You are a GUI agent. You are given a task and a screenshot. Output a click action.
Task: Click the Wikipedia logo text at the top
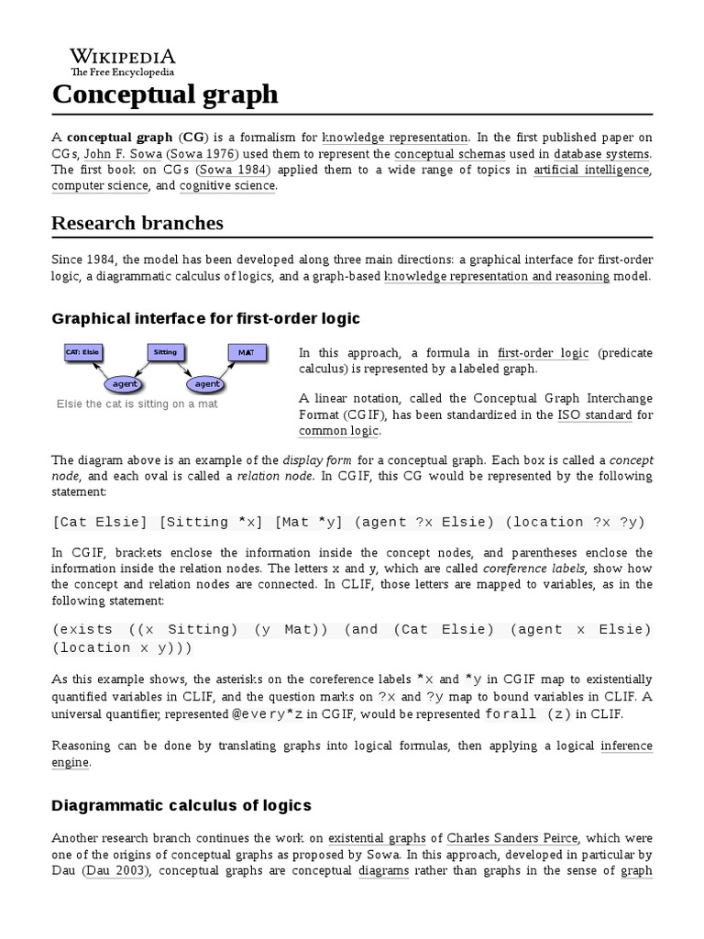pyautogui.click(x=124, y=56)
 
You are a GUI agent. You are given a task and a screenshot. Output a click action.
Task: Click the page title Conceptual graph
pyautogui.click(x=165, y=94)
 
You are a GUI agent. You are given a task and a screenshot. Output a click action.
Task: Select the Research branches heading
pyautogui.click(x=137, y=223)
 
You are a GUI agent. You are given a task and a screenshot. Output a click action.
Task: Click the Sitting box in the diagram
pyautogui.click(x=165, y=352)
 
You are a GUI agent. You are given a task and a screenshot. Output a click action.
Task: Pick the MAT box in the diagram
pyautogui.click(x=246, y=352)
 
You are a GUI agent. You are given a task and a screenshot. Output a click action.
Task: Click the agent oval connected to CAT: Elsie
pyautogui.click(x=124, y=383)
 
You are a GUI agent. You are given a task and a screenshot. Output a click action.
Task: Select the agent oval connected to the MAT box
pyautogui.click(x=207, y=383)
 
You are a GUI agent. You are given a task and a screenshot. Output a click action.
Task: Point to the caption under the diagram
pyautogui.click(x=137, y=403)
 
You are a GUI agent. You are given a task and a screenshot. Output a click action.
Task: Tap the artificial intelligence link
pyautogui.click(x=592, y=170)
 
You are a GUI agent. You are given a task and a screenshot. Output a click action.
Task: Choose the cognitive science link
pyautogui.click(x=227, y=186)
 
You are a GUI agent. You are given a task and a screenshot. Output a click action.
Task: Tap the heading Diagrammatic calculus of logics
pyautogui.click(x=181, y=805)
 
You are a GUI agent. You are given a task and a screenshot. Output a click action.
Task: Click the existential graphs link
pyautogui.click(x=378, y=838)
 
